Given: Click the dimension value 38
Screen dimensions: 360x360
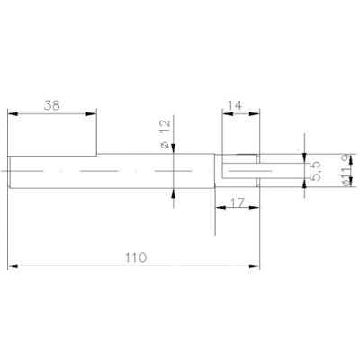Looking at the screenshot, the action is (52, 105).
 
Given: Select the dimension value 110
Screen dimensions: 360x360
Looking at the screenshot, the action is (136, 257).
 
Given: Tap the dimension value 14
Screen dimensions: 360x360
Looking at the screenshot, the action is (235, 105).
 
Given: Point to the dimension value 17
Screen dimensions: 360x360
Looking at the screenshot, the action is (238, 203).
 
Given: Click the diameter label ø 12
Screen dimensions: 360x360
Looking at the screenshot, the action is (166, 134).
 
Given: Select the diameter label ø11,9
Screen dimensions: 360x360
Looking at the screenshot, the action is (346, 170).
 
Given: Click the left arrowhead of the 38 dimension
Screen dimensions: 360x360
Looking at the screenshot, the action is (13, 114).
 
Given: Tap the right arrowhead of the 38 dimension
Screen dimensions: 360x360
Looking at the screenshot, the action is (91, 114).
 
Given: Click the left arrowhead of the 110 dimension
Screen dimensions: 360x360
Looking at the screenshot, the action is (13, 266).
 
